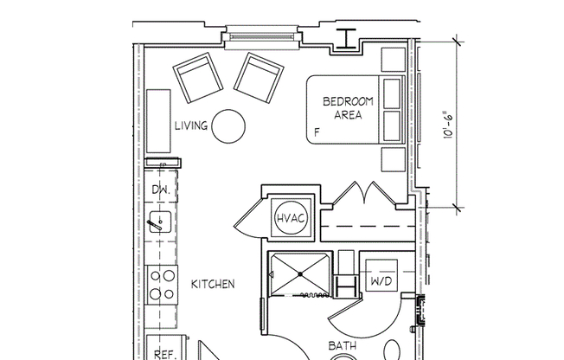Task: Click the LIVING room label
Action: (x=190, y=126)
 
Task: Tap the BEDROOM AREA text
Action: (x=348, y=108)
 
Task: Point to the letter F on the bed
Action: (x=317, y=132)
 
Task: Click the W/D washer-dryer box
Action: (x=379, y=280)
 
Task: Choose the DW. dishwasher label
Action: (x=160, y=189)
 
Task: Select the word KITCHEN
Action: (x=213, y=284)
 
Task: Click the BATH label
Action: (x=343, y=347)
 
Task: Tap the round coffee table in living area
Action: (x=229, y=126)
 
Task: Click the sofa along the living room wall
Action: (x=159, y=120)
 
